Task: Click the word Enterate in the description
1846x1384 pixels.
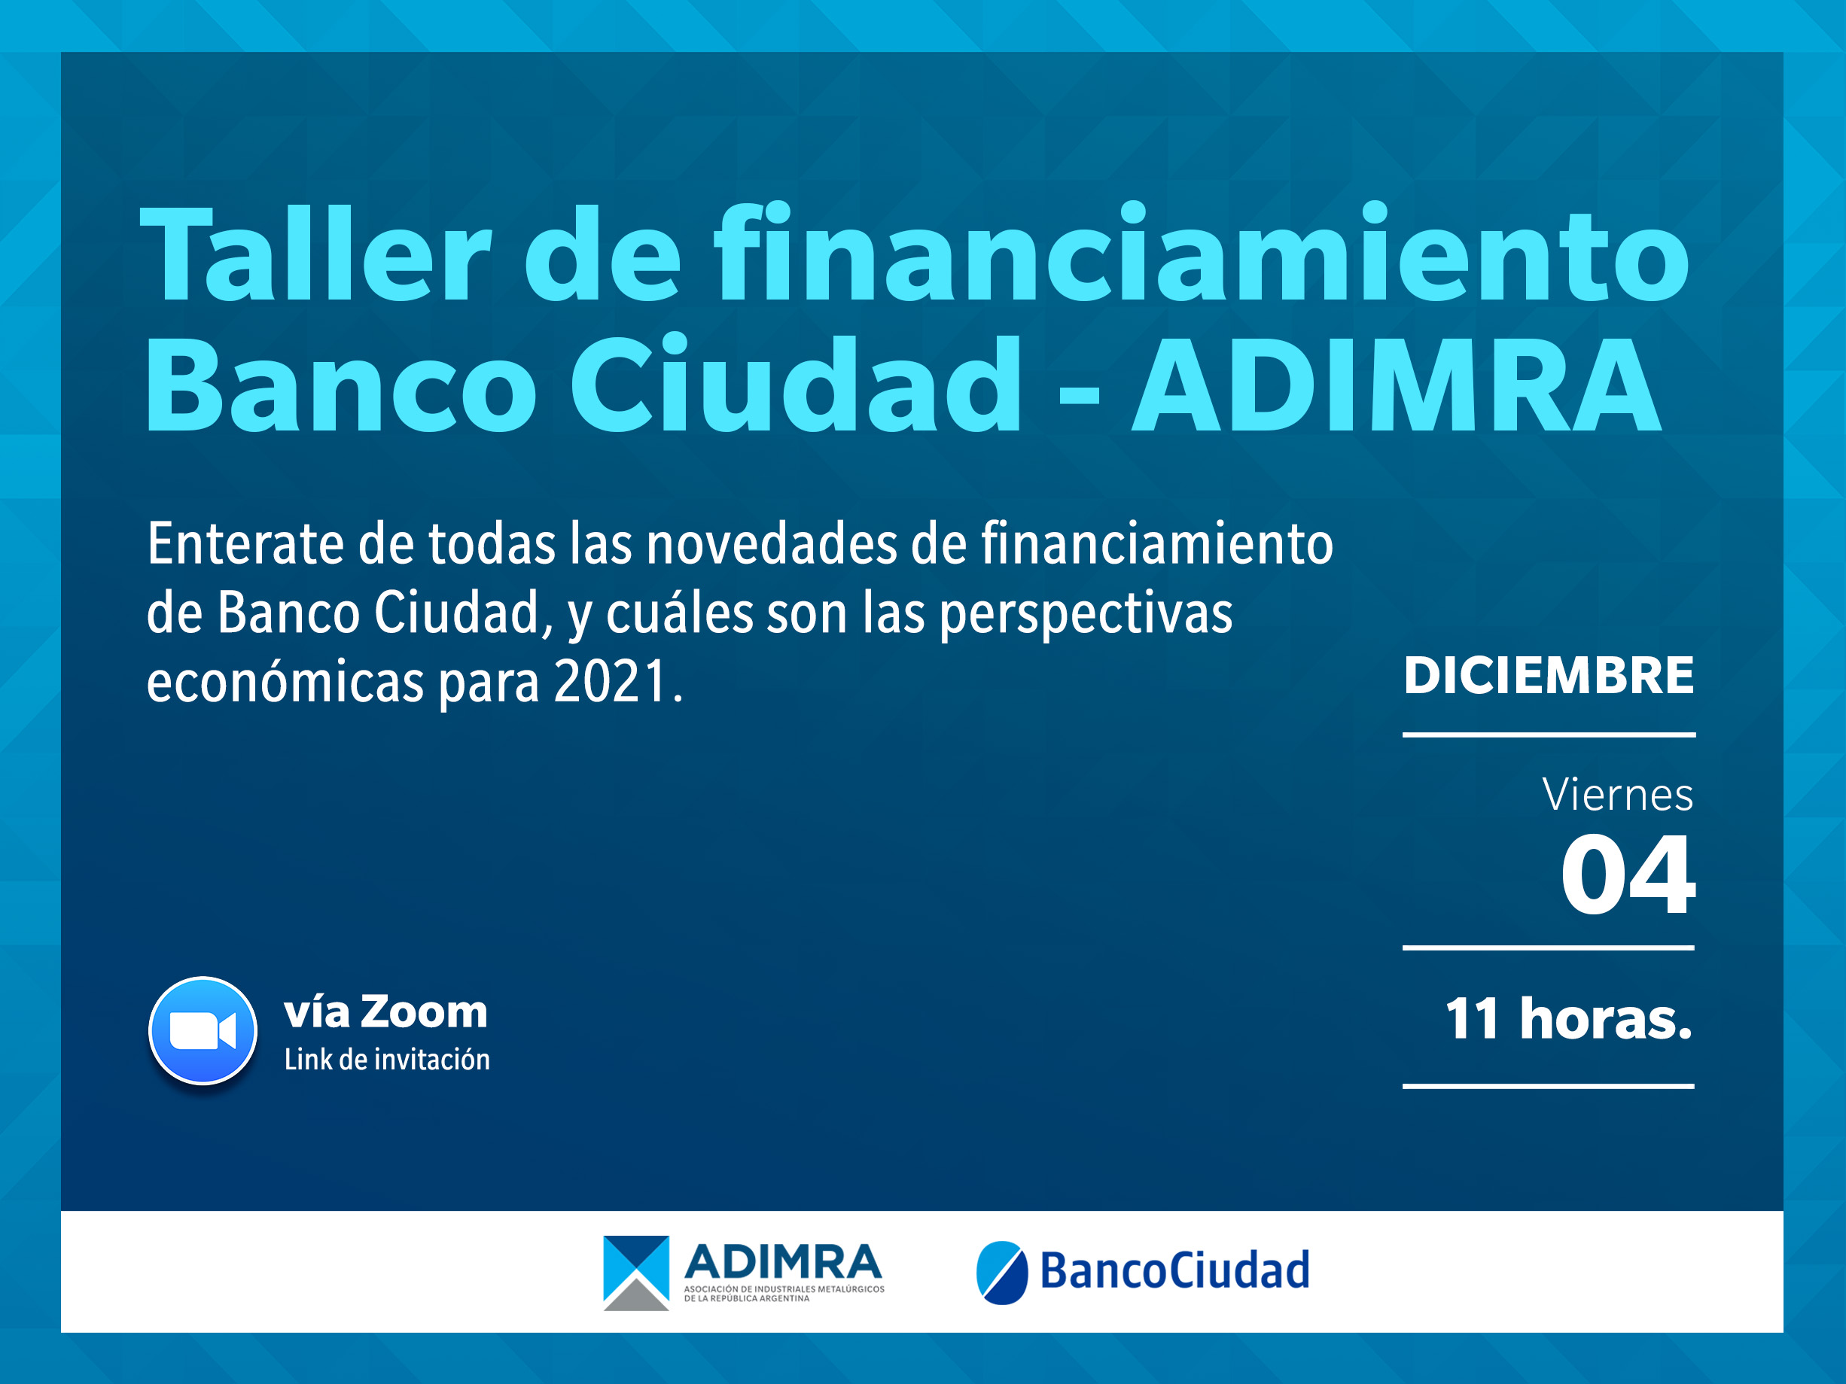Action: tap(245, 544)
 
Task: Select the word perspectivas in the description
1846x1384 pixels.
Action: tap(1086, 616)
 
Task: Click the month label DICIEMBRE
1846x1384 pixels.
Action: tap(1549, 675)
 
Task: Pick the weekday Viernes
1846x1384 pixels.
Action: tap(1617, 794)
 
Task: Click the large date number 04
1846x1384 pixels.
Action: tap(1628, 875)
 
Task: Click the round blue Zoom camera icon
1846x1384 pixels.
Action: tap(203, 1030)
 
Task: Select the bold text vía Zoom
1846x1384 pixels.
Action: tap(385, 1012)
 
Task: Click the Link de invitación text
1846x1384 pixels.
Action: tap(387, 1060)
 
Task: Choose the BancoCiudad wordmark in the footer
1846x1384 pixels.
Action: tap(1175, 1271)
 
